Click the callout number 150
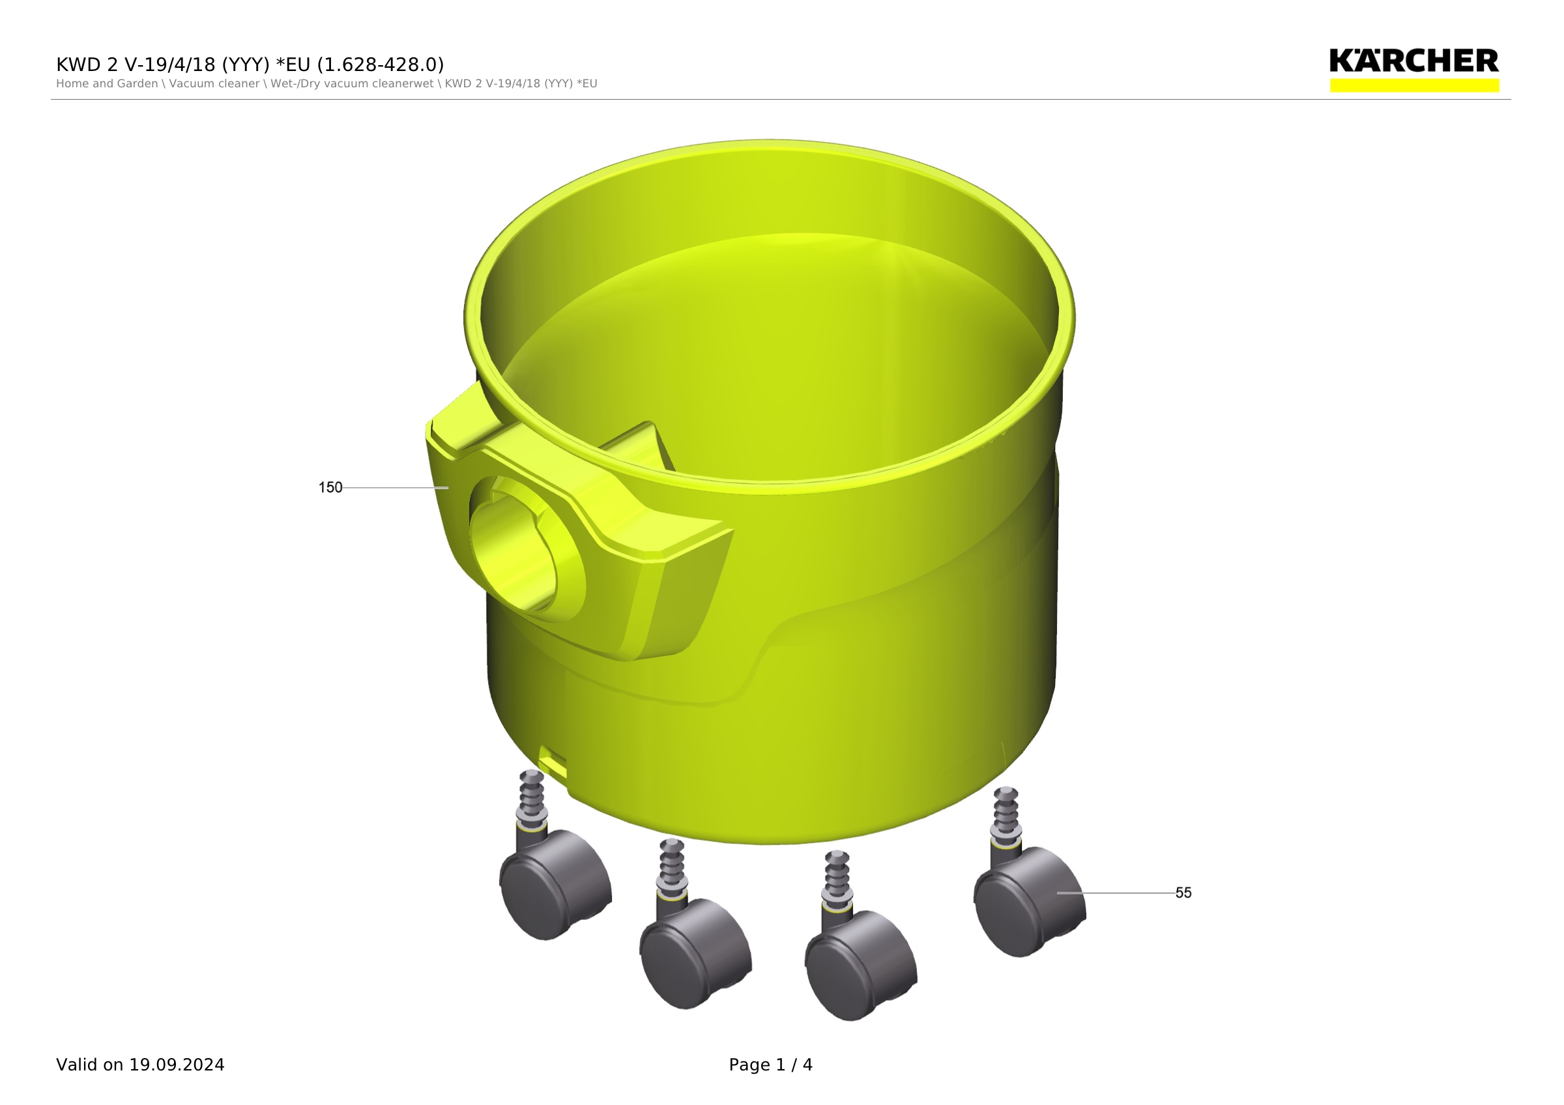330,487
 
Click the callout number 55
1183,893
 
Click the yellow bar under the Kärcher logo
1414,85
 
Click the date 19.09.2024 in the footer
177,1065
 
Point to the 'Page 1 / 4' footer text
770,1065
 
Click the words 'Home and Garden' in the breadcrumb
107,84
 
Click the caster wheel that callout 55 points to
1030,902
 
